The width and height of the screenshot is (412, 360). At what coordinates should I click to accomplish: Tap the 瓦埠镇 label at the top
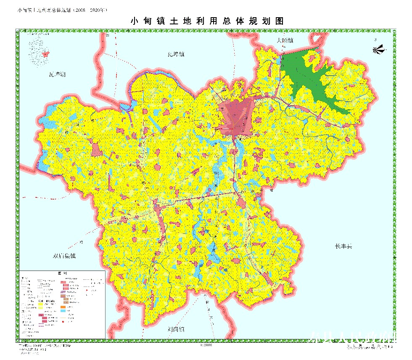(176, 54)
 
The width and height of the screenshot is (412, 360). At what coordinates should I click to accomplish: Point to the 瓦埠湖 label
(57, 75)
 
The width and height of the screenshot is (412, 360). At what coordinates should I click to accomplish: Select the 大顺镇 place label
(285, 40)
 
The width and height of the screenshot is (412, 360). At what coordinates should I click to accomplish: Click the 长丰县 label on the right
(343, 246)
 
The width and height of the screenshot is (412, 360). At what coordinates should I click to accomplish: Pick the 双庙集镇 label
(64, 256)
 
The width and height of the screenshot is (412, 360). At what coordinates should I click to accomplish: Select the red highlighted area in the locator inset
(46, 54)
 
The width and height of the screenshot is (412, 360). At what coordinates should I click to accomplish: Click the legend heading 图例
(62, 273)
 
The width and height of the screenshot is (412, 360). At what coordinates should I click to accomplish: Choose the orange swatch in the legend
(63, 307)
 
